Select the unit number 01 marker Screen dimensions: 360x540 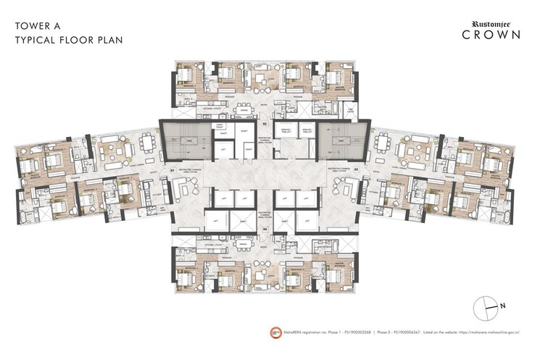coord(172,170)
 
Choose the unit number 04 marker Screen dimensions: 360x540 coord(265,230)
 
